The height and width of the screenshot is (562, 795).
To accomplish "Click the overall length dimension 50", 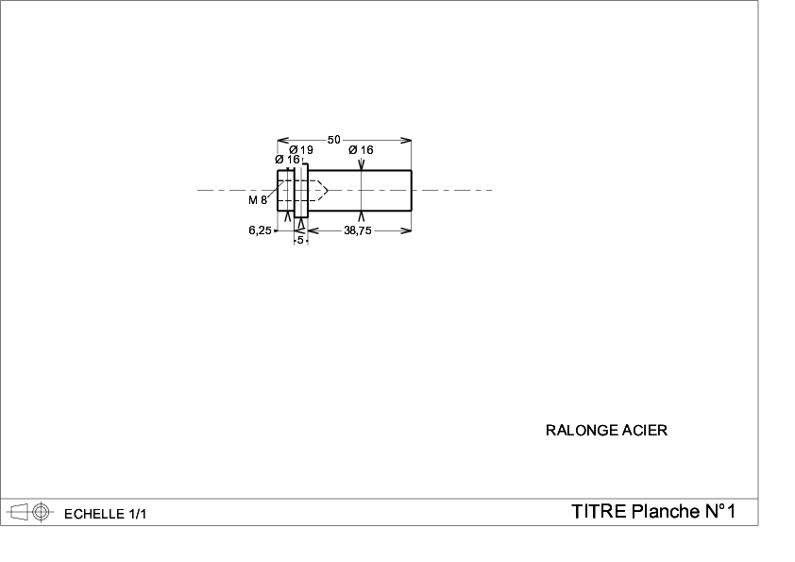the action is coord(333,140).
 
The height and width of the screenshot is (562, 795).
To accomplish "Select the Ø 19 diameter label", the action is coord(301,149).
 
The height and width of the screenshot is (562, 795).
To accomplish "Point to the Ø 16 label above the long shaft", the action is coord(361,149).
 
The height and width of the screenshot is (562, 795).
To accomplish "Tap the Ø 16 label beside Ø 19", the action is coord(287,160).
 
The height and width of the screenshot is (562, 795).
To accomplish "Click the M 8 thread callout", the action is coord(258,200).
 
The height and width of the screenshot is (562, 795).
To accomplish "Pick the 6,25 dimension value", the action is coord(260,230).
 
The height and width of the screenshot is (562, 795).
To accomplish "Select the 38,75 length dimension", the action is coord(358,230).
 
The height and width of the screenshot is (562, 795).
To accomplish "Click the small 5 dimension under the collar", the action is coord(300,240).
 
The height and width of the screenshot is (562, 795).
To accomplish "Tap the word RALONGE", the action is coord(582,430).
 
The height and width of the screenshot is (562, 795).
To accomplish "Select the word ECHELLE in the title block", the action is coord(94,514).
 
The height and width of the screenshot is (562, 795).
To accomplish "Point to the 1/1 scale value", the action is coord(138,514).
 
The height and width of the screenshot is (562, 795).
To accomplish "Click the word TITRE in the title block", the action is coord(599,511).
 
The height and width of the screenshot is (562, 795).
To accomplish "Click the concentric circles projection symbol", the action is coord(42,512).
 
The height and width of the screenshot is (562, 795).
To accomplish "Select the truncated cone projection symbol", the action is coord(18,512).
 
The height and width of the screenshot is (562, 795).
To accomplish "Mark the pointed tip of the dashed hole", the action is coord(328,190).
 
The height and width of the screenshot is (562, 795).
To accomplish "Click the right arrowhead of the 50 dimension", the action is coord(407,140).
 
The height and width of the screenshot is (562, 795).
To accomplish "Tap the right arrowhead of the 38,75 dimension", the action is coord(407,230).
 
